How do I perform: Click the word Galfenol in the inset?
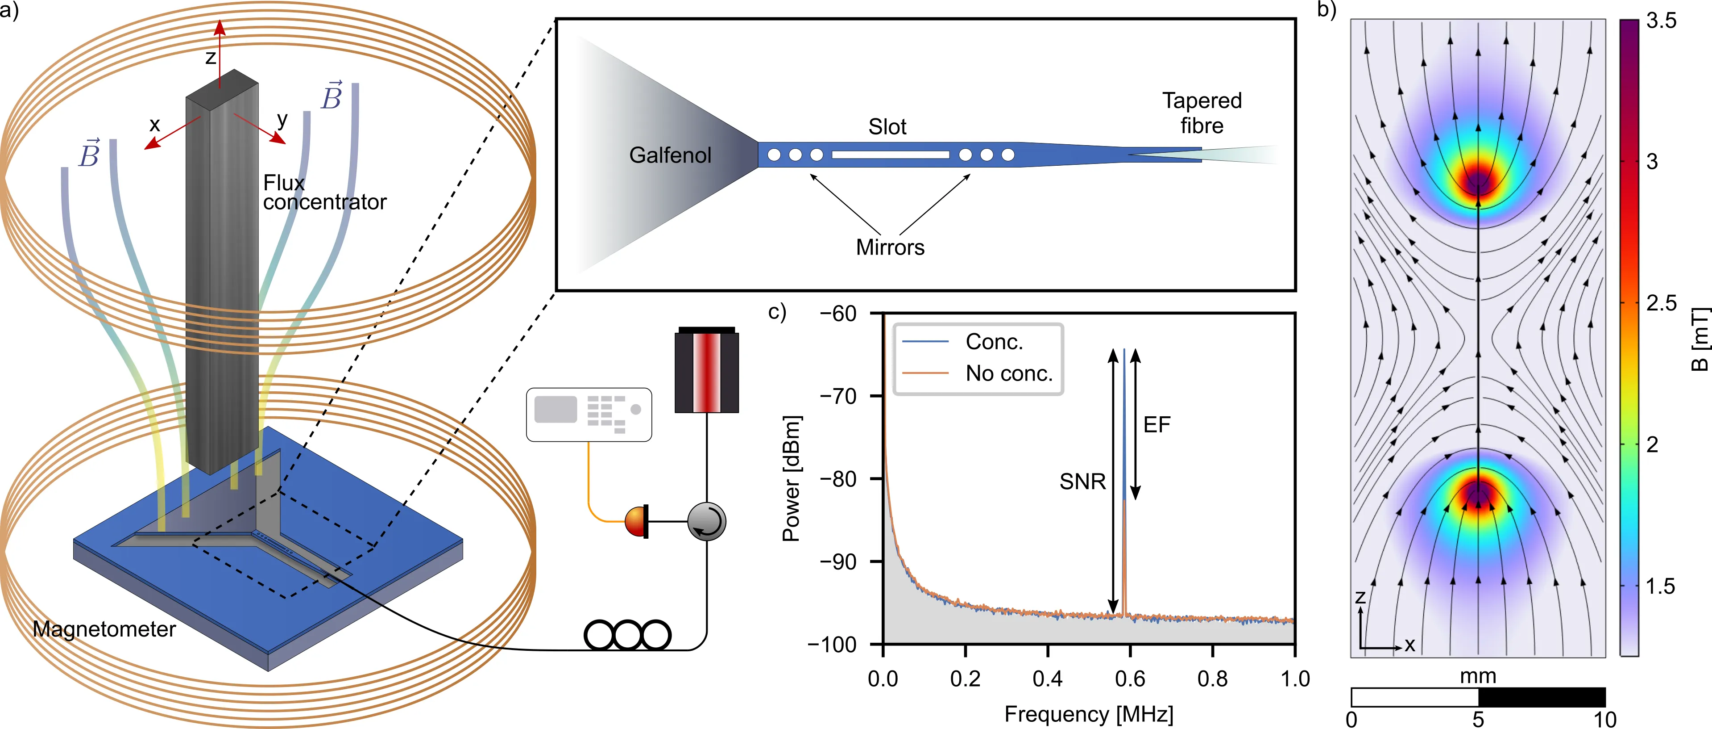tap(670, 155)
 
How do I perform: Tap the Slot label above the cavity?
tap(887, 126)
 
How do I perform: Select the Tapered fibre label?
tap(1202, 113)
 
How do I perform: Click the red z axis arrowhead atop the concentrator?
tap(220, 28)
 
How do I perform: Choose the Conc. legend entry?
tap(994, 342)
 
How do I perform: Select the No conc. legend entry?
tap(1009, 374)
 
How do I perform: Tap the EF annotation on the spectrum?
tap(1157, 424)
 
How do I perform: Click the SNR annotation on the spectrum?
tap(1082, 481)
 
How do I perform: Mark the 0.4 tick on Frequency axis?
tap(1048, 679)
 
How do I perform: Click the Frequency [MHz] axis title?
tap(1089, 714)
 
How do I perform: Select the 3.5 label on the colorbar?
tap(1662, 21)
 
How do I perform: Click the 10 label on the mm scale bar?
tap(1605, 719)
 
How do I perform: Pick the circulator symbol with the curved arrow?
tap(706, 521)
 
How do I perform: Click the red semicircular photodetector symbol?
tap(636, 521)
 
